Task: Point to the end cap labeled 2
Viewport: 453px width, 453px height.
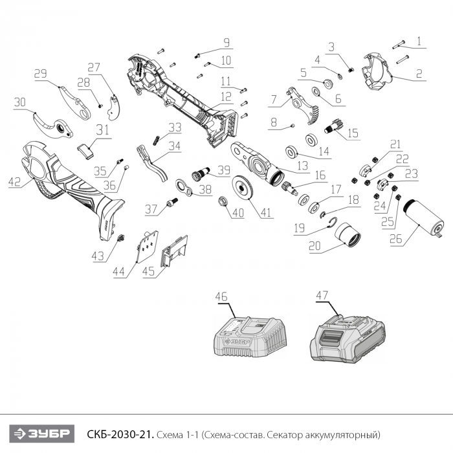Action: point(378,70)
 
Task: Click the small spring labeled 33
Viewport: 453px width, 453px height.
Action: point(155,138)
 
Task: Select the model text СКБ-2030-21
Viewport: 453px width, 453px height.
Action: point(109,433)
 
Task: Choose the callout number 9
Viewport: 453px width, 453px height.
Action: point(226,43)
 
